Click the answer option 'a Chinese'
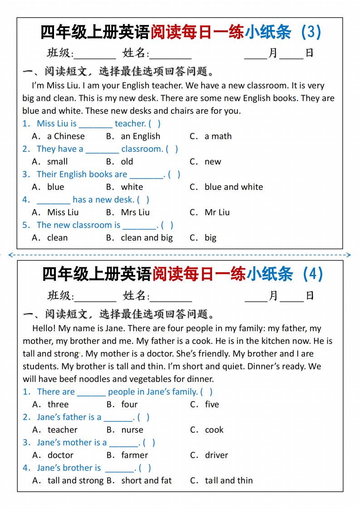coord(66,136)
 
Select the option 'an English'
coord(140,136)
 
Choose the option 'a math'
coord(218,136)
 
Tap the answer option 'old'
coord(127,162)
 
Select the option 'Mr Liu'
coord(217,212)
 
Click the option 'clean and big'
coord(147,238)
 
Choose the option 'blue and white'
coord(233,187)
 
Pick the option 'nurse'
coord(132,430)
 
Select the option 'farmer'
coord(134,455)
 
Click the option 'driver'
coord(216,455)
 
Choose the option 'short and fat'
coord(146,480)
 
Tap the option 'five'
coord(212,404)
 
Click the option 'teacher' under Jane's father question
coord(63,430)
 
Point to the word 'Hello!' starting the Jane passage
coord(45,328)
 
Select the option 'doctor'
coord(60,455)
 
